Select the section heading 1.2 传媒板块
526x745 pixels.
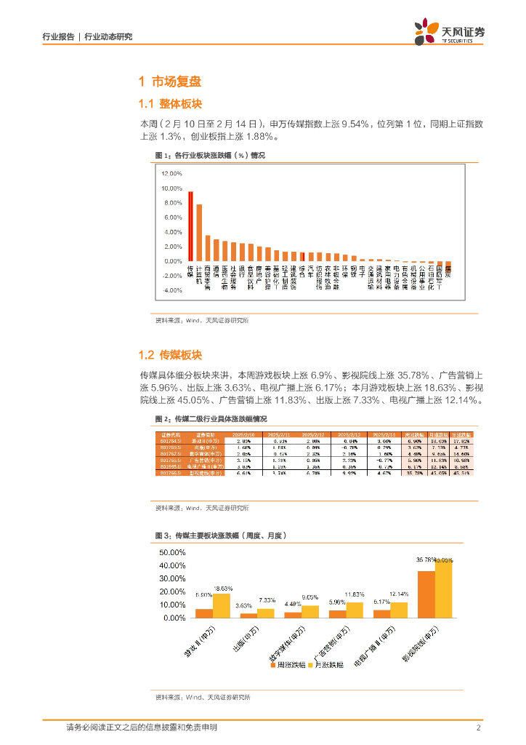170,355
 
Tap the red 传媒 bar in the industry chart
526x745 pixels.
190,226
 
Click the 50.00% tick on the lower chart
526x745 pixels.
171,552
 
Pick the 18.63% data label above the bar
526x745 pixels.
223,588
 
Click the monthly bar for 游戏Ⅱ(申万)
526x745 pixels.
222,605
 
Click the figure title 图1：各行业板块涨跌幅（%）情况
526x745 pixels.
210,156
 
